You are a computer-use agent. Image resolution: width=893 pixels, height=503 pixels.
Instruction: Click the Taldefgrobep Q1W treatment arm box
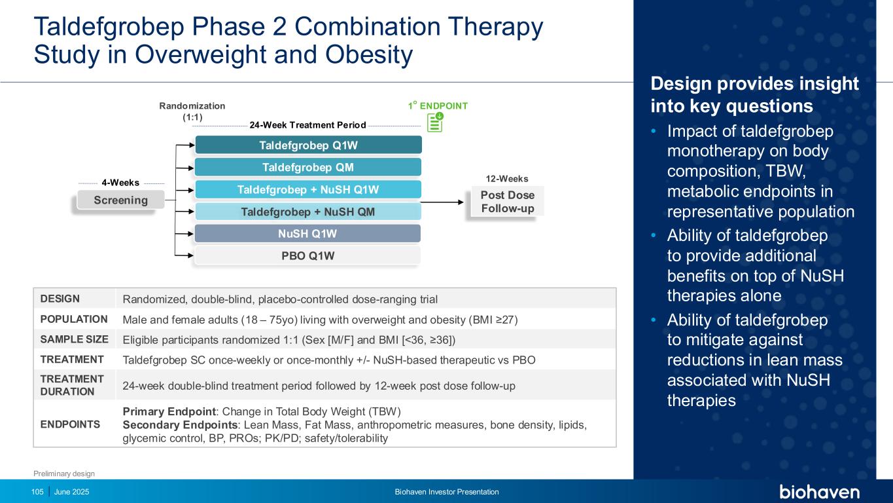[x=309, y=145]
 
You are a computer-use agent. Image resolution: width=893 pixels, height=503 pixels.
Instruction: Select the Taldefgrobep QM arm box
[x=308, y=167]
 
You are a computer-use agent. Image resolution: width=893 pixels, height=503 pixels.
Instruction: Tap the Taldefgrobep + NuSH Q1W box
[x=308, y=189]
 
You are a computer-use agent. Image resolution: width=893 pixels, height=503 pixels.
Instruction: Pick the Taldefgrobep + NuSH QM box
[x=308, y=211]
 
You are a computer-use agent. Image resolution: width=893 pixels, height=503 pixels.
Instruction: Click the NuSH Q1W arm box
[x=308, y=234]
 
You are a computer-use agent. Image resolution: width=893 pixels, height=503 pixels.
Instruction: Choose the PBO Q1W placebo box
[x=308, y=255]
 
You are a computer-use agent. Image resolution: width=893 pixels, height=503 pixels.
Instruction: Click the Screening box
[x=120, y=200]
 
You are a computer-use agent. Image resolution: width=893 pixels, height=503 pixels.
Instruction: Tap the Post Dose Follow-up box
[x=508, y=202]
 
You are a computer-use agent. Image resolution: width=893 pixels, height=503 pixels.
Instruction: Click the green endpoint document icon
[x=435, y=122]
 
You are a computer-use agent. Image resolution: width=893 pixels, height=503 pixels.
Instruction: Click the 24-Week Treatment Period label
[x=308, y=125]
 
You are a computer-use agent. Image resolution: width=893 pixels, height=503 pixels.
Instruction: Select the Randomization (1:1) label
[x=192, y=111]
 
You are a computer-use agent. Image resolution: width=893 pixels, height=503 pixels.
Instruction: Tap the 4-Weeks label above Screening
[x=120, y=183]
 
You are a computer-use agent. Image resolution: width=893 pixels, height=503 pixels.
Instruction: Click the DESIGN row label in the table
[x=60, y=299]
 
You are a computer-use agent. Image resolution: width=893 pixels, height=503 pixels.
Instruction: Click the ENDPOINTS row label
[x=70, y=424]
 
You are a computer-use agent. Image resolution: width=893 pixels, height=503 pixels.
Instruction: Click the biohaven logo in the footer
[x=819, y=492]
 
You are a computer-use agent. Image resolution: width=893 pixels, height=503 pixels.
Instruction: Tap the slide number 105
[x=37, y=492]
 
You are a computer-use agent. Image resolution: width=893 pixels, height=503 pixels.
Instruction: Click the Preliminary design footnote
[x=64, y=474]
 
